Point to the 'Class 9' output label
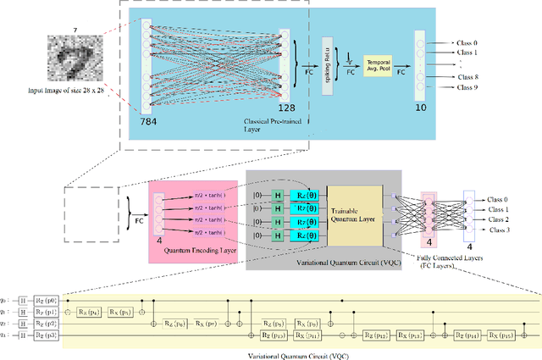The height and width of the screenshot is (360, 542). click(x=467, y=87)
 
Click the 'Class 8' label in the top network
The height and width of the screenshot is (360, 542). click(x=467, y=75)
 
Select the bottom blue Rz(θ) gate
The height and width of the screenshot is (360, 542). click(x=305, y=234)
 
